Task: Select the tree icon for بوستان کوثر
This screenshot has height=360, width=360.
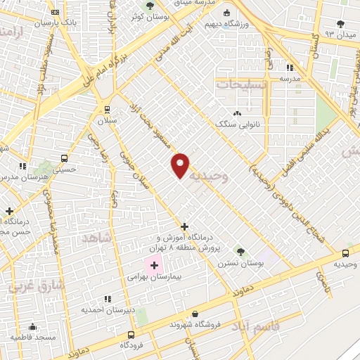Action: (149, 5)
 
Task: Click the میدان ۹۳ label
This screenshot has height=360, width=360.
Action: (339, 34)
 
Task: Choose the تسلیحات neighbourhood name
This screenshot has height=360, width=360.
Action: (241, 84)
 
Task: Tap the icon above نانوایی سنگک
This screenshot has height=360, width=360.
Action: (238, 112)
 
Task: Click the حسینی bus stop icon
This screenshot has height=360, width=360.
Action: (65, 158)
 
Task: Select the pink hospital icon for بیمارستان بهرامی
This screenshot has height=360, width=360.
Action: (153, 266)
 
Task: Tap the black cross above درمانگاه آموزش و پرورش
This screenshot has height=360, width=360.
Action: (184, 226)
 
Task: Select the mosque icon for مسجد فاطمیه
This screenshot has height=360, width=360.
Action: (32, 326)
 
